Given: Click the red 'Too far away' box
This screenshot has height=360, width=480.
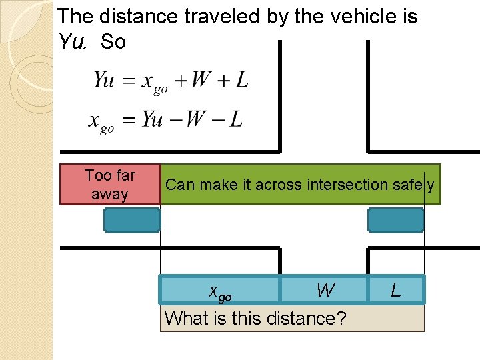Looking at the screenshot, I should click(x=110, y=184).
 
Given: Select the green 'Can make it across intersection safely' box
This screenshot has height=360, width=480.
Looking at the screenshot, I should click(x=300, y=184).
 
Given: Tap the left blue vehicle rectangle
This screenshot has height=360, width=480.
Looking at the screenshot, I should click(x=132, y=220).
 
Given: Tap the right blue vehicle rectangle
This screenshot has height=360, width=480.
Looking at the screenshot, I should click(x=396, y=220).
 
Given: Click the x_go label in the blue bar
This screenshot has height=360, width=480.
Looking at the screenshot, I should click(x=220, y=291).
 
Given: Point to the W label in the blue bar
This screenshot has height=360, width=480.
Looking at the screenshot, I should click(x=325, y=291).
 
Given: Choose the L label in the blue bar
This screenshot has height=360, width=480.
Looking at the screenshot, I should click(x=396, y=291).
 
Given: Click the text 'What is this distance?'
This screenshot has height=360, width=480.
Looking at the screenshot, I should click(x=255, y=318).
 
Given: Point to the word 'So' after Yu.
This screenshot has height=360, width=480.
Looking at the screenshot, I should click(x=113, y=42).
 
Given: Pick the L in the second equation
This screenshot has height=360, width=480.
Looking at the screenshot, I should click(x=235, y=119).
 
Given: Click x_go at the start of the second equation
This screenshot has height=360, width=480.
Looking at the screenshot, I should click(x=101, y=122).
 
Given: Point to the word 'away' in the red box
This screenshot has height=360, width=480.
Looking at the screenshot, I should click(x=109, y=194).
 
